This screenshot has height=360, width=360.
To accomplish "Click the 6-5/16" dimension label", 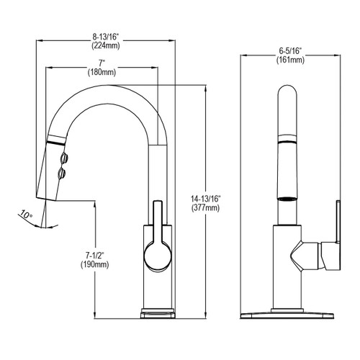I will click(x=290, y=50).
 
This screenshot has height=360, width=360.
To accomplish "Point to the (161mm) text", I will click(x=290, y=60).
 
